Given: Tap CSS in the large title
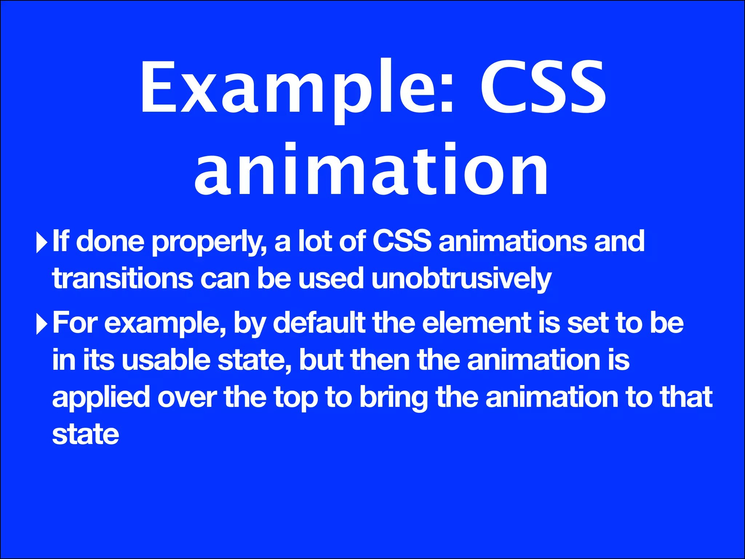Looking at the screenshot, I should coord(543,87).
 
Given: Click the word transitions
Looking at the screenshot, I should coord(122,279).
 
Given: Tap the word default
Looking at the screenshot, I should coord(319,323).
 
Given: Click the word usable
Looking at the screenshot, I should coord(166,360).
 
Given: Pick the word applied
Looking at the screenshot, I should coord(101,398).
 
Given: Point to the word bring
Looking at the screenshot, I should coord(393,398).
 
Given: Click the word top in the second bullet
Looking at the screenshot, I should coord(295,398).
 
